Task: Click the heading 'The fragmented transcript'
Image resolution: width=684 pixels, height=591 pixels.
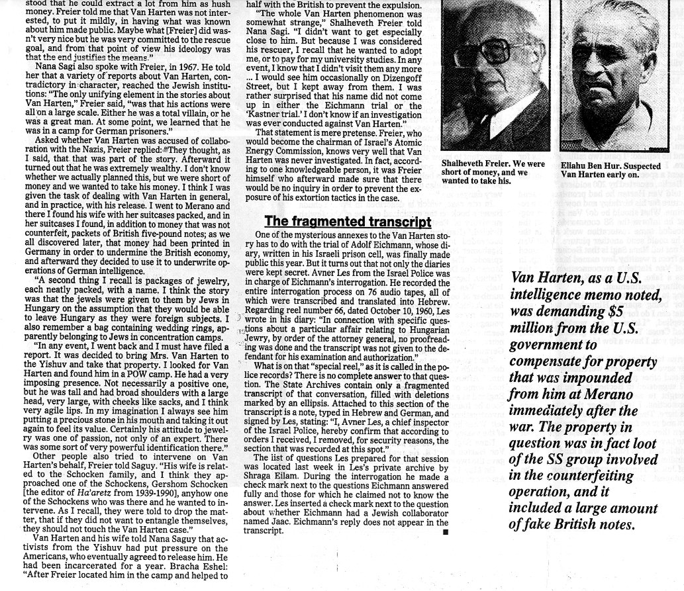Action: [348, 221]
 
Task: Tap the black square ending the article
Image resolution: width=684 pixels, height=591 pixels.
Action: [445, 531]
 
